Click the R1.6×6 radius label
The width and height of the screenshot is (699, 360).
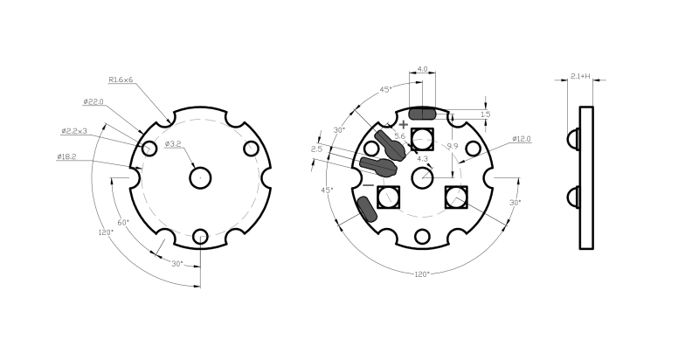pyautogui.click(x=121, y=80)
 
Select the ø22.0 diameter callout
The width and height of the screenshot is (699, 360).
pyautogui.click(x=93, y=101)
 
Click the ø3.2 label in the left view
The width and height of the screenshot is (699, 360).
pyautogui.click(x=173, y=143)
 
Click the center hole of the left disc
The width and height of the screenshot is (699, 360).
pyautogui.click(x=201, y=177)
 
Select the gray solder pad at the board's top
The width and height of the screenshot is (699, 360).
pyautogui.click(x=424, y=114)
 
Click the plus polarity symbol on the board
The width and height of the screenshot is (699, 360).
pyautogui.click(x=403, y=125)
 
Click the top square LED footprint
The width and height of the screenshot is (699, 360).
pyautogui.click(x=423, y=138)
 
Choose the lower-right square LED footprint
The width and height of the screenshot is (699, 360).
pyautogui.click(x=456, y=198)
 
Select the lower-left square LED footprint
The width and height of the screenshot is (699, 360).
pyautogui.click(x=388, y=198)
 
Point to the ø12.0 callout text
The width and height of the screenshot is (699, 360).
pyautogui.click(x=522, y=139)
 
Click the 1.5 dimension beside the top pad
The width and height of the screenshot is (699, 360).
pyautogui.click(x=485, y=114)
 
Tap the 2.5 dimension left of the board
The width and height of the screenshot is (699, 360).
pyautogui.click(x=316, y=149)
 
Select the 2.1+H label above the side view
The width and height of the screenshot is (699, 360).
pyautogui.click(x=579, y=77)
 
